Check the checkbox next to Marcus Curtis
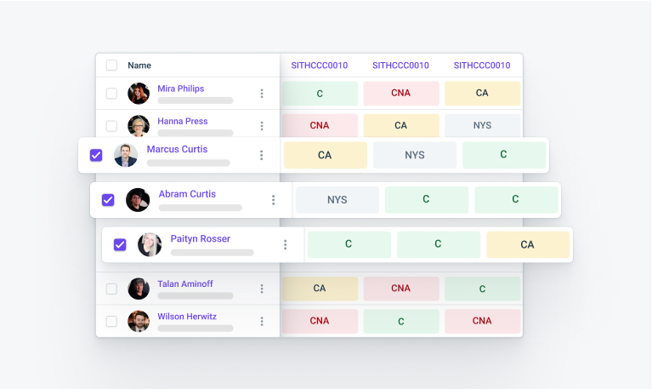[x=96, y=155]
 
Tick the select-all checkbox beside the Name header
[x=111, y=65]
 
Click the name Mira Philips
[x=180, y=89]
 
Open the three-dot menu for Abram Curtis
[x=274, y=200]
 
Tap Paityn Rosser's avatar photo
[x=150, y=245]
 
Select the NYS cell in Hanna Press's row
[x=482, y=125]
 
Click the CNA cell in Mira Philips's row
[x=400, y=93]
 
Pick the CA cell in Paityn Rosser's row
[x=527, y=244]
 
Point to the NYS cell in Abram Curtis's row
[x=337, y=200]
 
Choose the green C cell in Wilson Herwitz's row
[x=400, y=321]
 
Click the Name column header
[x=139, y=65]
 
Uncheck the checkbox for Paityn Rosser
[x=120, y=244]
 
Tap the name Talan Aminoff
[x=186, y=284]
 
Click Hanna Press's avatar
[x=139, y=126]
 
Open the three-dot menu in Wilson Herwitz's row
[x=262, y=321]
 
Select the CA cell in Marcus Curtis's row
[x=325, y=155]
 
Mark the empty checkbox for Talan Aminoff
[x=111, y=289]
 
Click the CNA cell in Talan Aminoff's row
[x=400, y=289]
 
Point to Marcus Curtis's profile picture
[x=126, y=155]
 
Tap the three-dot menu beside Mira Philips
[x=262, y=93]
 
